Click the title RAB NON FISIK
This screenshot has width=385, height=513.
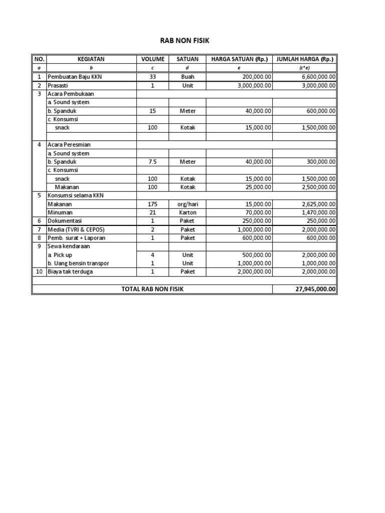click(184, 41)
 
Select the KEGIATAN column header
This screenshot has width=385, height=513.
click(91, 59)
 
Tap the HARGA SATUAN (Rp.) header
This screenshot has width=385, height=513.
click(239, 59)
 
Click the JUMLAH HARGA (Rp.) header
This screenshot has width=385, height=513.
click(305, 59)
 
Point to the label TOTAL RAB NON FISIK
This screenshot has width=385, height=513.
click(152, 289)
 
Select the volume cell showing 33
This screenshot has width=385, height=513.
click(153, 77)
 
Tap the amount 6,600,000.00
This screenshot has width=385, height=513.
click(318, 77)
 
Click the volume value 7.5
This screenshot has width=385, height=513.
click(153, 162)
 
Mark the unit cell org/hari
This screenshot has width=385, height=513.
click(187, 204)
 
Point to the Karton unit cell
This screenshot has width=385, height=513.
click(187, 212)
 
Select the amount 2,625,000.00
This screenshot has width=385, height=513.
click(318, 204)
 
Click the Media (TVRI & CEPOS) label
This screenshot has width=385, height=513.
click(76, 229)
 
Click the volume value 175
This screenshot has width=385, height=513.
click(153, 204)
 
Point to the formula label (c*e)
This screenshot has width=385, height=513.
click(305, 68)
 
